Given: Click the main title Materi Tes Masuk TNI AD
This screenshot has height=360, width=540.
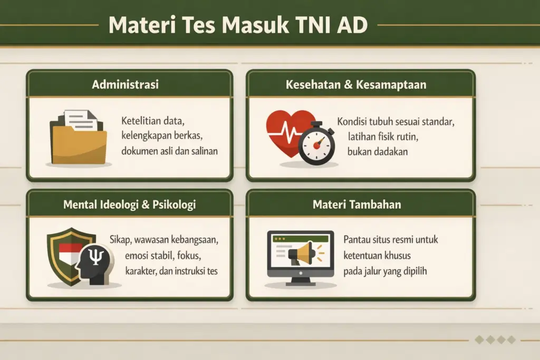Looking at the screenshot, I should click(238, 25).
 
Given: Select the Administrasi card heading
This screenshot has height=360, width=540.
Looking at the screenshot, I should click(126, 84).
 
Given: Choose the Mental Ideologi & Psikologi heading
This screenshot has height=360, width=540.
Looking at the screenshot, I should click(129, 204).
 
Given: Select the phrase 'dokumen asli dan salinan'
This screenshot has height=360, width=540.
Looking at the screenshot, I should click(169, 151).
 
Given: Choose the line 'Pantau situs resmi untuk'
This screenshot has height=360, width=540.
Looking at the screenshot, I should click(391, 240).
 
